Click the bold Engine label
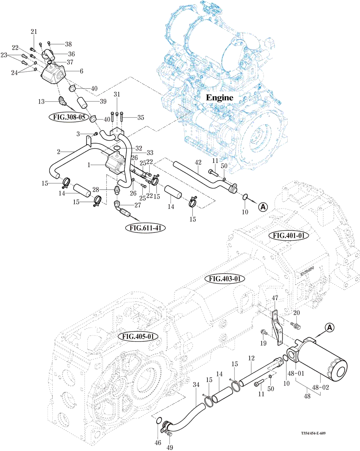tap(219, 98)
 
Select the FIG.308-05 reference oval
tap(69, 117)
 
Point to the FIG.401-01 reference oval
tap(289, 235)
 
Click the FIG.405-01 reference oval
tap(138, 337)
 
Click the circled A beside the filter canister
tap(330, 328)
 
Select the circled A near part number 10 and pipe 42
tap(263, 207)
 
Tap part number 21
tap(34, 32)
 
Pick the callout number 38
tap(68, 44)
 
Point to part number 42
tap(198, 162)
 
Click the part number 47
tap(275, 298)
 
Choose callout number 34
tap(196, 385)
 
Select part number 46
tap(158, 443)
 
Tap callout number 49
tap(170, 448)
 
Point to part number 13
tap(41, 101)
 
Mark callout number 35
tap(141, 118)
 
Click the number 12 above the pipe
tap(251, 358)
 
